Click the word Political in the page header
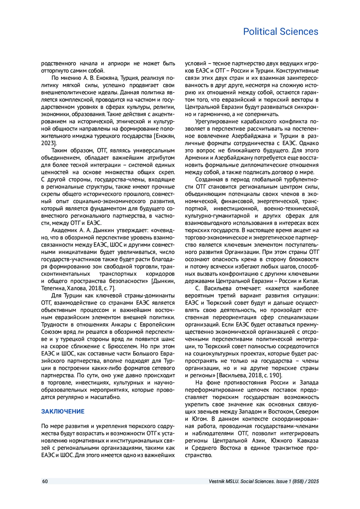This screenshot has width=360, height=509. point(260,31)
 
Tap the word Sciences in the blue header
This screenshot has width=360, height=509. point(299,31)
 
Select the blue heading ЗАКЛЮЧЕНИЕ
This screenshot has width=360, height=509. point(63,411)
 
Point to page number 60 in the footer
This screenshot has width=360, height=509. point(45,481)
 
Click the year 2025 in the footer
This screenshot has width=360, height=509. point(313,481)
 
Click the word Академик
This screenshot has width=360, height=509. point(64,230)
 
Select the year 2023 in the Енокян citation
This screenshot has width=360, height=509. point(48,143)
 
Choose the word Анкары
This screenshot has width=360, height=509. point(121,325)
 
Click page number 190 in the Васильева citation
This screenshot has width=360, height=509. point(275,375)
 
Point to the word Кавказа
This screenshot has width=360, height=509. point(308,441)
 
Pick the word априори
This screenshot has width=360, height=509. point(119,64)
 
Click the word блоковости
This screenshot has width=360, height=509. point(303,259)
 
